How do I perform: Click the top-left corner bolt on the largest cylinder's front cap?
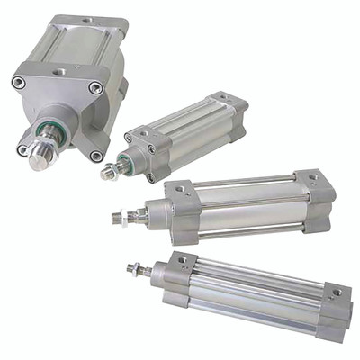(19, 83)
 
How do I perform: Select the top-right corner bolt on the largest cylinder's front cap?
(94, 87)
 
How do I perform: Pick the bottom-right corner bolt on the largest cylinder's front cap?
(96, 156)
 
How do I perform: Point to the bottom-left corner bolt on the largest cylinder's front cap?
(22, 149)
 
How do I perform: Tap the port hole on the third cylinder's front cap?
(180, 191)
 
